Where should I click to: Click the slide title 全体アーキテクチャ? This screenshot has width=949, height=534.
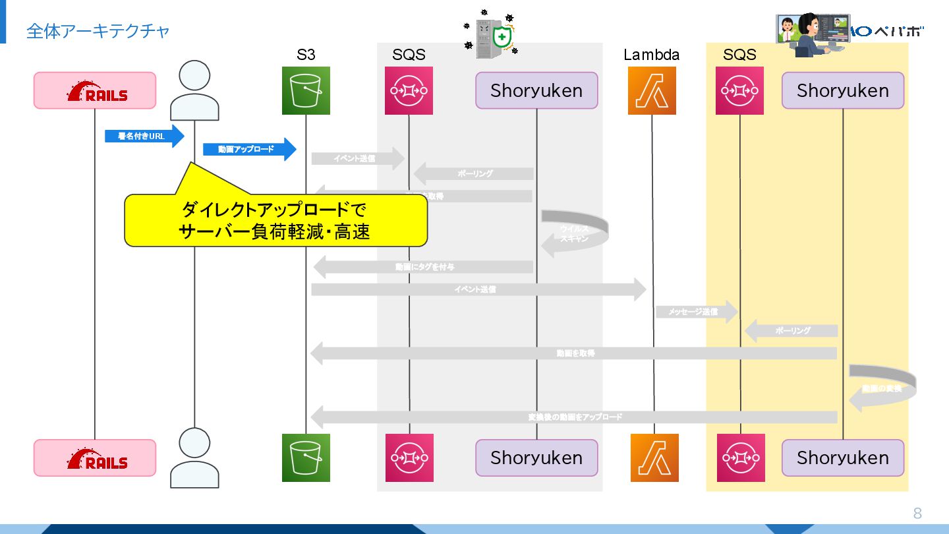tap(98, 31)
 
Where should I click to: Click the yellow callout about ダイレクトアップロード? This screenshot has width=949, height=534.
tap(275, 220)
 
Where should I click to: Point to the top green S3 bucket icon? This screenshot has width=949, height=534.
tap(306, 90)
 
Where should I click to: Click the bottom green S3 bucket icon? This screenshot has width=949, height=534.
tap(306, 458)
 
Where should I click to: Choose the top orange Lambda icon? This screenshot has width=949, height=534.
tap(652, 90)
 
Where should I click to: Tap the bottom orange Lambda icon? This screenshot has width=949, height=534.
tap(654, 458)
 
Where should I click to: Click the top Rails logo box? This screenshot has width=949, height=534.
tap(95, 90)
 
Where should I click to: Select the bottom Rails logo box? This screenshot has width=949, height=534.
tap(95, 458)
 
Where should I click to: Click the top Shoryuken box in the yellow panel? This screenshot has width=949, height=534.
tap(842, 90)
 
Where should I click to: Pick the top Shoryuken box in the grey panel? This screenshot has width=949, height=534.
tap(536, 90)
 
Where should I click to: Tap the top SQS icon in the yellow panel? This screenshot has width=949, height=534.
tap(739, 90)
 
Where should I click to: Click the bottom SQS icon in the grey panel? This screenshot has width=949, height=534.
tap(409, 458)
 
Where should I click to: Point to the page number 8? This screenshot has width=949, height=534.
tap(917, 514)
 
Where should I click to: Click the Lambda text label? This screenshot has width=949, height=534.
tap(651, 55)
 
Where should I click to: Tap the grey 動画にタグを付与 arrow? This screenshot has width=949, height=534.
tap(423, 267)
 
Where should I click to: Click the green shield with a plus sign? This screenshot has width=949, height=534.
tap(503, 38)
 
